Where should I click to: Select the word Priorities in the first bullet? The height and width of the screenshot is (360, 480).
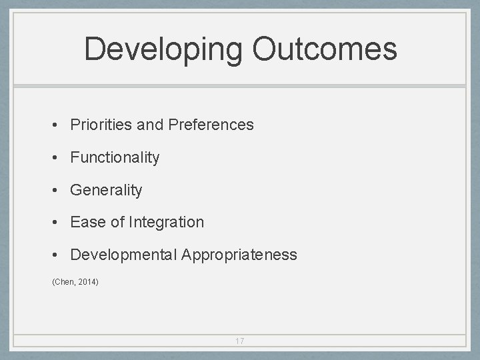point(99,125)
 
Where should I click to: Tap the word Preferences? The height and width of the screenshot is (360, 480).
point(211,125)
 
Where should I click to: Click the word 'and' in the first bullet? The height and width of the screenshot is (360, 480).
point(149,125)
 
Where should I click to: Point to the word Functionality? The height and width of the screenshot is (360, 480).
point(115,158)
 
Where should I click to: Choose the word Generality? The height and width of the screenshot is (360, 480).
point(106,191)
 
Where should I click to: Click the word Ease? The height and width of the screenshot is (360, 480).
point(86,222)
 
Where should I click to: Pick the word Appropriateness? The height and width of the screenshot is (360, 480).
point(238,255)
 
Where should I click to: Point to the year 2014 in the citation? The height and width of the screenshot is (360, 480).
point(87,283)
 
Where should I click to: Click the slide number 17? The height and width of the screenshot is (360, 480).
point(240,341)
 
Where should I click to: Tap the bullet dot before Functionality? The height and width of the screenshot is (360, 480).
point(58,158)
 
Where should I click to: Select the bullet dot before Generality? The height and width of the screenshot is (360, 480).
point(58,191)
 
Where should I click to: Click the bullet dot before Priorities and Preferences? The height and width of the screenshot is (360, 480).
point(58,125)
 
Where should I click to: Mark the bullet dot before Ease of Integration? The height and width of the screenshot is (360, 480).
point(58,223)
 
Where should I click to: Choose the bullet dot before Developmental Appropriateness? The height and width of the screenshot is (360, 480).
point(58,255)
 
